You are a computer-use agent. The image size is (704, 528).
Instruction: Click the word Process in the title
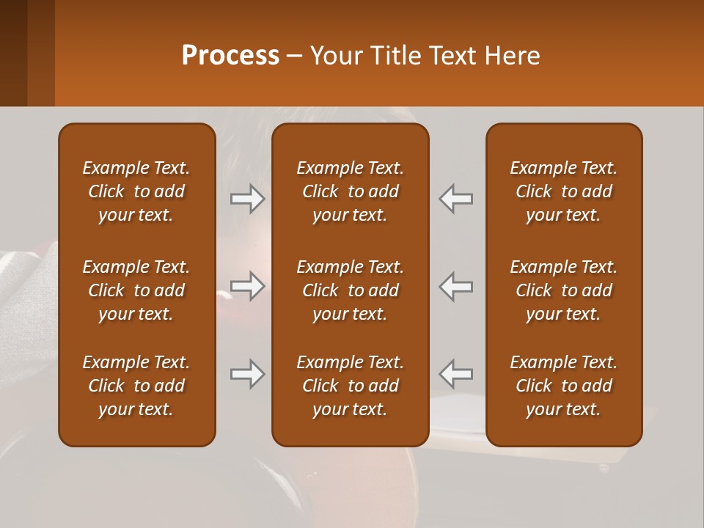(x=230, y=56)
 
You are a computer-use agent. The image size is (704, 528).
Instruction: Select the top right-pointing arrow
(x=247, y=198)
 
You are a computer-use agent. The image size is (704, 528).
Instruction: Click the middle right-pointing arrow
(x=247, y=286)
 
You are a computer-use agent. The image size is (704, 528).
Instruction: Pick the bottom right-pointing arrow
(x=247, y=374)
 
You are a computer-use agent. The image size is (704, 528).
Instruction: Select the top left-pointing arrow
(x=456, y=198)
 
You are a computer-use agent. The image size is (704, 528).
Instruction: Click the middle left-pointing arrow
(x=456, y=286)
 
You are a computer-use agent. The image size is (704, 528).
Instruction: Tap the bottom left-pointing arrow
(x=456, y=374)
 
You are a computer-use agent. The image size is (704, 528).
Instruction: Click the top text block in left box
(x=136, y=191)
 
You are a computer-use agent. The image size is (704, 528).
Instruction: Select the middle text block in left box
(x=136, y=290)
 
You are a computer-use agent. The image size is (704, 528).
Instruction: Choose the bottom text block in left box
(x=136, y=386)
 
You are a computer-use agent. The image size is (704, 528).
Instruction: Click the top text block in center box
(x=350, y=191)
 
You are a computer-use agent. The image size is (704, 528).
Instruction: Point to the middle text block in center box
(x=350, y=290)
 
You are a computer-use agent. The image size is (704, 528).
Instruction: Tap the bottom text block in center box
(x=350, y=386)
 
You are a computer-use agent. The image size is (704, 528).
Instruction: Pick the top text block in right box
(x=563, y=191)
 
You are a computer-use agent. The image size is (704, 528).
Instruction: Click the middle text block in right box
(x=563, y=290)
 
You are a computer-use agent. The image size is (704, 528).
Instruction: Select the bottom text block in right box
(x=563, y=386)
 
